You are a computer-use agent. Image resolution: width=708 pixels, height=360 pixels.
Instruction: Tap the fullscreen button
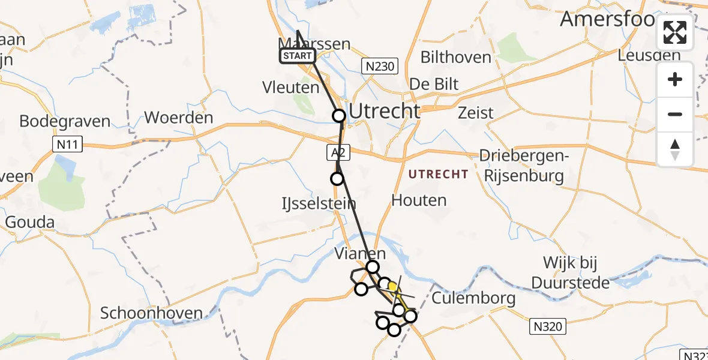675,32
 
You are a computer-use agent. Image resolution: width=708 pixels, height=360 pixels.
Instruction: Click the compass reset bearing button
675,149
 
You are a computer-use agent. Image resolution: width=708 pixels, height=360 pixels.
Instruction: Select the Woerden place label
179,118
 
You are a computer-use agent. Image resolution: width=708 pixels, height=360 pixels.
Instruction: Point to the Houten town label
419,200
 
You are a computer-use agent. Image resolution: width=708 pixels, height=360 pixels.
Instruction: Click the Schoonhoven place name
151,313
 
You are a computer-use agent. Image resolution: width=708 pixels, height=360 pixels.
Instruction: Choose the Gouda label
29,223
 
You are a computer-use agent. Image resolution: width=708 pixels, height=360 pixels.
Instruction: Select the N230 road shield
380,66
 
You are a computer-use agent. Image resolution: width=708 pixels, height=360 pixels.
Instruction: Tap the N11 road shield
68,144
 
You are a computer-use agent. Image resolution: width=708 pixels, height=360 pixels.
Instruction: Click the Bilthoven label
455,58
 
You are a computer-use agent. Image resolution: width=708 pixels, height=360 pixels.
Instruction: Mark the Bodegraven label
65,121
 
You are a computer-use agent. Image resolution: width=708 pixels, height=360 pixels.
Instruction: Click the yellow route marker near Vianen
393,287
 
